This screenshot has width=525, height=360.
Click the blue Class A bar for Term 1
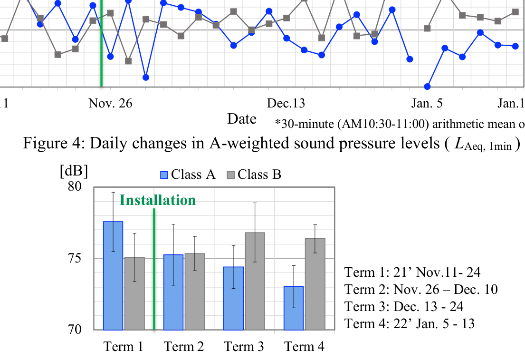click(x=113, y=276)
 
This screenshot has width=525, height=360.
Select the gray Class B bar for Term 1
click(x=134, y=293)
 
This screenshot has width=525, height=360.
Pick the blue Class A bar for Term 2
click(x=173, y=292)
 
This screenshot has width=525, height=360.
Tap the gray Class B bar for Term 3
click(x=255, y=281)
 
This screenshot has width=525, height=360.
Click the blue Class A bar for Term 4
click(x=294, y=308)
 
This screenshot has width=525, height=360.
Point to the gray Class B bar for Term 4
click(x=315, y=284)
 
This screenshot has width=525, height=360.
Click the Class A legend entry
click(x=188, y=175)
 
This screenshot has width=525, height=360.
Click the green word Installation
click(x=157, y=200)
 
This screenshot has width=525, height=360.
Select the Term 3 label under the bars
click(x=244, y=347)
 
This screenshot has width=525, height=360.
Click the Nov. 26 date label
click(x=110, y=103)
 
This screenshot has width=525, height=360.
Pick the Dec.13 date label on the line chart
click(x=286, y=103)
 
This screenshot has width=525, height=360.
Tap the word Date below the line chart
click(x=242, y=119)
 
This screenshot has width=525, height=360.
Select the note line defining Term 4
click(x=410, y=323)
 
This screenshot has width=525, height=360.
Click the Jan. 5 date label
click(x=428, y=103)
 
